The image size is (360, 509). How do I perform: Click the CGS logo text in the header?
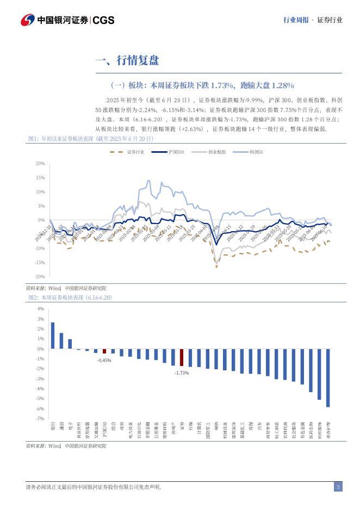point(103,20)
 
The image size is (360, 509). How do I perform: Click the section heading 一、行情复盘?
point(127,60)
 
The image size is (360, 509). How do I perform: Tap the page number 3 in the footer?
point(338,487)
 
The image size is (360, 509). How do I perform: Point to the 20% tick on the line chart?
point(40,163)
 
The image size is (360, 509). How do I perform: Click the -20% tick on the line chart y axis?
point(40,277)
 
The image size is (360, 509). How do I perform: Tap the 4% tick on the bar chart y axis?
point(41,309)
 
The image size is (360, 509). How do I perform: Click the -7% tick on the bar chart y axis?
point(40,419)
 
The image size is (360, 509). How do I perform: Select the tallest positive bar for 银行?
point(53,336)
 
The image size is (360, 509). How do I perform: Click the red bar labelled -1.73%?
point(182,357)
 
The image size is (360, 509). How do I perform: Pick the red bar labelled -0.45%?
point(104,351)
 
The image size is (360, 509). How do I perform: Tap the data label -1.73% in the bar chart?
point(182,373)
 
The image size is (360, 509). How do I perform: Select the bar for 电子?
point(70,344)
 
